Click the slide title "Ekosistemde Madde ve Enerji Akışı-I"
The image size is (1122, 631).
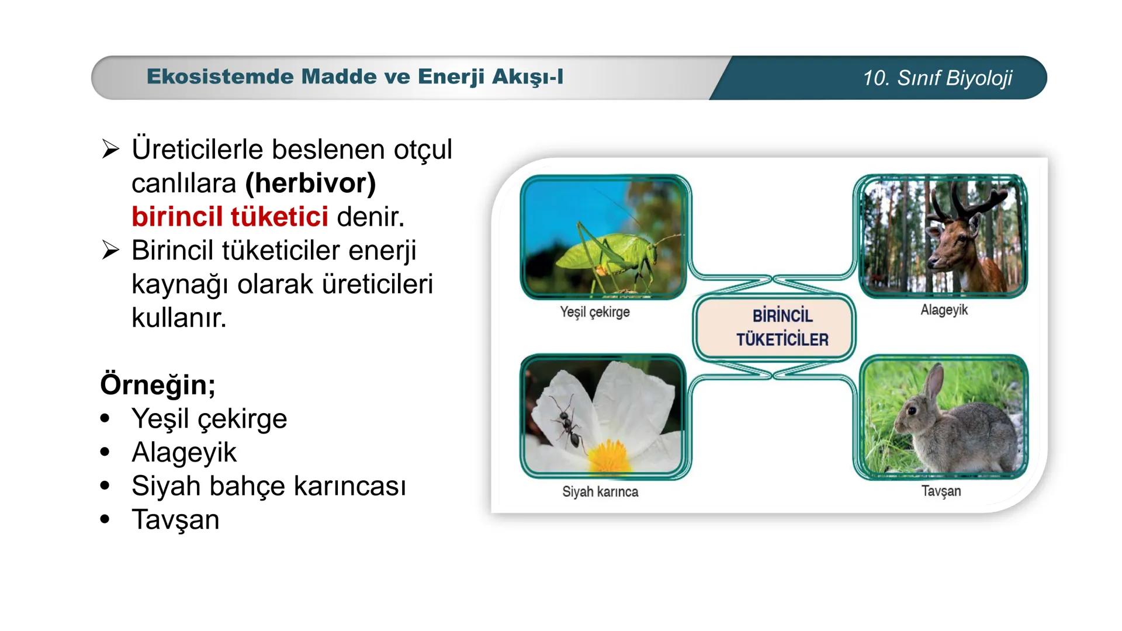pos(355,77)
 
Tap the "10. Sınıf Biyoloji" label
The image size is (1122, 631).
pos(937,78)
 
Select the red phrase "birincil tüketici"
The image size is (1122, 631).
pos(230,217)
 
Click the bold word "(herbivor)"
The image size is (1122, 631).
pos(310,183)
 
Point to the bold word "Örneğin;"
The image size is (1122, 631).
pos(158,385)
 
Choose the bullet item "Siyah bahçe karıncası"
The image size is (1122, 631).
pos(268,486)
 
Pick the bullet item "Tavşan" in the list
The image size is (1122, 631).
pos(175,519)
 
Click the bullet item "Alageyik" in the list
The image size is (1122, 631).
pos(184,452)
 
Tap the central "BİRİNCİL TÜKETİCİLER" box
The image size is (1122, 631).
pos(774,327)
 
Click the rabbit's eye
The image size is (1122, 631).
pos(912,411)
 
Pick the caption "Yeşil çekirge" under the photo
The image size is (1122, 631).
pos(595,312)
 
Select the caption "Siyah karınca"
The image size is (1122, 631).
pos(600,492)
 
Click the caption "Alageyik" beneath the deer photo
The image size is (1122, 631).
pos(944,310)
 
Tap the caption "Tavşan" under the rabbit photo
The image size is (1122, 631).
pos(941,491)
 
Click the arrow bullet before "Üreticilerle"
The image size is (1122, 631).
pos(110,150)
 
